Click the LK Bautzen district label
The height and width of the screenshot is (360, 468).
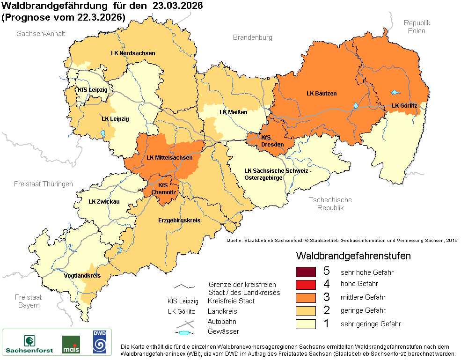point(322,94)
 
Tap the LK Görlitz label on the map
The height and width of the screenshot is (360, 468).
point(404,105)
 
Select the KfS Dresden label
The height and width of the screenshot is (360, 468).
point(272,141)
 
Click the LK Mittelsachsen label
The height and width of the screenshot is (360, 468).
point(169,158)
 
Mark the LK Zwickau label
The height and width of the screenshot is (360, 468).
point(104,202)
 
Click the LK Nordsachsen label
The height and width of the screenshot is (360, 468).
point(133,53)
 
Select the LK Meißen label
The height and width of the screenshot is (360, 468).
point(233,112)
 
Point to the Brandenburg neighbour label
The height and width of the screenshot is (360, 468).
point(252,37)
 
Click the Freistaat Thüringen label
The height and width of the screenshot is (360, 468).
point(44,184)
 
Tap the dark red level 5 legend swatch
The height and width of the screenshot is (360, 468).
point(306,272)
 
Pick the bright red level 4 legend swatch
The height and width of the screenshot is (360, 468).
point(306,284)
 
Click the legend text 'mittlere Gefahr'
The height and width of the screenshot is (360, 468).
point(363,297)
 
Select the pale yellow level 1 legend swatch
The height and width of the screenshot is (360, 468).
point(306,323)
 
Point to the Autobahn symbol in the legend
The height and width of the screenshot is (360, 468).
point(186,323)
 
